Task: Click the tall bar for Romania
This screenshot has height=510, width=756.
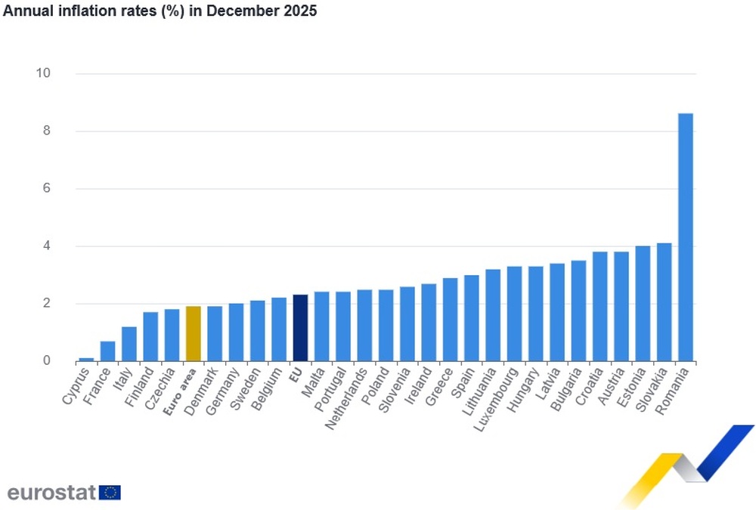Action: click(x=685, y=237)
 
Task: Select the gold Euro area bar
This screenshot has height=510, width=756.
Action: click(x=193, y=334)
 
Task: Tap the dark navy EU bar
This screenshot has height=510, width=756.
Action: click(x=300, y=328)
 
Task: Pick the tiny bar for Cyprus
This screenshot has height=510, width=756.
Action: click(x=86, y=360)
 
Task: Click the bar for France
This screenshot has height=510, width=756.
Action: click(x=107, y=351)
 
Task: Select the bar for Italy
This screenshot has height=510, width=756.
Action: click(x=129, y=344)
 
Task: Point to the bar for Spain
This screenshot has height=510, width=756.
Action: click(x=471, y=318)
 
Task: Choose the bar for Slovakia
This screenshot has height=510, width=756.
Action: click(x=664, y=302)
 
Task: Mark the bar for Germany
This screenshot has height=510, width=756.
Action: click(x=236, y=332)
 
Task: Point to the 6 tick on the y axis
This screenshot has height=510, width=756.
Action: click(x=46, y=188)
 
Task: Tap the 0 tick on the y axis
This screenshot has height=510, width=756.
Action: click(x=46, y=361)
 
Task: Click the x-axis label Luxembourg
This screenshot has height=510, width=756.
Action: click(x=497, y=399)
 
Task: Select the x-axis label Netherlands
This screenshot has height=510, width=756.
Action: click(x=347, y=399)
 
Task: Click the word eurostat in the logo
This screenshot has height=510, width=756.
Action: click(x=51, y=493)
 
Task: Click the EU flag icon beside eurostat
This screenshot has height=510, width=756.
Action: click(x=110, y=493)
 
